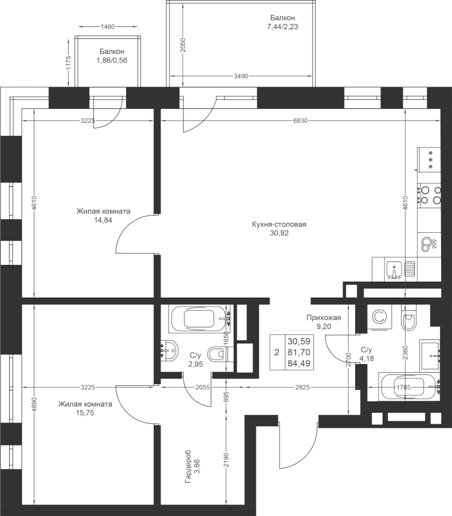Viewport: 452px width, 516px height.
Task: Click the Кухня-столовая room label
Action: click(279, 224)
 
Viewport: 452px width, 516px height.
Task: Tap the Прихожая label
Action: click(324, 318)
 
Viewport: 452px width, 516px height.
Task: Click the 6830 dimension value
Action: click(300, 121)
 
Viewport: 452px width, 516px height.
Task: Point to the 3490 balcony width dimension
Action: click(241, 76)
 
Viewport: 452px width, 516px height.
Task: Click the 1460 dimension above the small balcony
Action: click(108, 26)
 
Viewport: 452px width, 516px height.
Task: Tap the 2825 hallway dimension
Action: click(302, 388)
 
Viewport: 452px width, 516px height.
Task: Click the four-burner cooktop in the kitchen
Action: click(429, 195)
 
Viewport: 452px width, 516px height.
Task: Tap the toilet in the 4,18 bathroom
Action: click(409, 317)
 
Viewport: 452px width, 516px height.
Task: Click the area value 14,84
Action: click(103, 220)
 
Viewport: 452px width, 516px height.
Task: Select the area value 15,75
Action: click(85, 413)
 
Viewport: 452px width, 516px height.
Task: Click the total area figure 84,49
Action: click(299, 363)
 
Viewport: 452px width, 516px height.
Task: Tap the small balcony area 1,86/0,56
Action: click(112, 60)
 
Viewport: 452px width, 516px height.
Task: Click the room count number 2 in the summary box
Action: click(277, 352)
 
